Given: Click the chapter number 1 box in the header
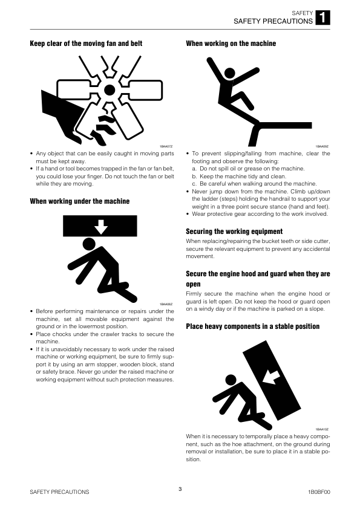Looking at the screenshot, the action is (322, 18).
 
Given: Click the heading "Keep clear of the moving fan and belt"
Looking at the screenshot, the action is (86, 44).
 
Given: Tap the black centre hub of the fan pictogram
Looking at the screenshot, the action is (110, 89).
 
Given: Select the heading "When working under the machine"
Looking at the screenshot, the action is (80, 201).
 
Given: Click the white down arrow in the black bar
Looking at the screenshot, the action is (100, 227).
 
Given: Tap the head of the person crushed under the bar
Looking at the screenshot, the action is (89, 244).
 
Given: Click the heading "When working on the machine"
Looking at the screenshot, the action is (231, 44).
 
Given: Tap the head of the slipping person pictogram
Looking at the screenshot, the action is (230, 73).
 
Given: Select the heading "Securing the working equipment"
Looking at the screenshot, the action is (234, 232).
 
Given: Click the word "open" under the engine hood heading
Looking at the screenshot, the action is (193, 284).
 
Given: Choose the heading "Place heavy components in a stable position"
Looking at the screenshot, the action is (253, 326).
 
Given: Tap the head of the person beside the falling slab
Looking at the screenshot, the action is (231, 380).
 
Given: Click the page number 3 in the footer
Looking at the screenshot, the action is (180, 489).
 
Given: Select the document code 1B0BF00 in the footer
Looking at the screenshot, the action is (319, 492).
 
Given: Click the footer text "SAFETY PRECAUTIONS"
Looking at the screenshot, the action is (59, 492).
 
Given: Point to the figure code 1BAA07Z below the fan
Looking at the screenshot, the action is (166, 146).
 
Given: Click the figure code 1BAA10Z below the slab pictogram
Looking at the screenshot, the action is (322, 429).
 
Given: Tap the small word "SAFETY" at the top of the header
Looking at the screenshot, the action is (302, 13).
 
